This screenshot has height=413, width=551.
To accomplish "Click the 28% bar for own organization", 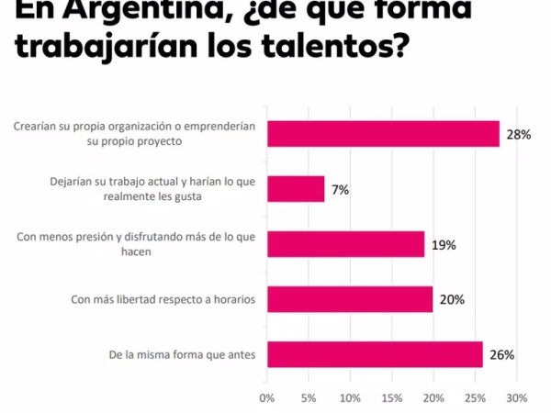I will (383, 134).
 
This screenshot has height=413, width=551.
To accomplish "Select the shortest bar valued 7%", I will (296, 189).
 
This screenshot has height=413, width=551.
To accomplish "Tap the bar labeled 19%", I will (345, 244).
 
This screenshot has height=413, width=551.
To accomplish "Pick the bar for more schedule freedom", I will (350, 299).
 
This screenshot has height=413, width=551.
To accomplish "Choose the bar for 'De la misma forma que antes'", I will (375, 354).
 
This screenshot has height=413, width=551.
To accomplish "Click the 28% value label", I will (519, 135).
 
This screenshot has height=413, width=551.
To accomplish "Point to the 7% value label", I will (340, 190).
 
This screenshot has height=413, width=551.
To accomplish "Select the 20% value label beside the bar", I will (452, 300).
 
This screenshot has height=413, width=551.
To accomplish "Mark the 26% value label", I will (501, 355).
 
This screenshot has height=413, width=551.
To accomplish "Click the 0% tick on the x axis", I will (267, 398).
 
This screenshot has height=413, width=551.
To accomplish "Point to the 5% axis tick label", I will (309, 398).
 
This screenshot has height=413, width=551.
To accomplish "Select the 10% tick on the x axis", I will (350, 398).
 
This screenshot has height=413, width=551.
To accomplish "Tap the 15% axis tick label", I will (392, 398).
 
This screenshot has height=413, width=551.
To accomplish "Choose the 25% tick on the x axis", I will (475, 398).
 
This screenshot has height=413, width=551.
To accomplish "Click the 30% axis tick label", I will (517, 398).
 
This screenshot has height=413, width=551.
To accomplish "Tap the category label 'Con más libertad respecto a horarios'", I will (163, 299).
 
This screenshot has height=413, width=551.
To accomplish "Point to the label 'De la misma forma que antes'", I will (184, 354).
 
